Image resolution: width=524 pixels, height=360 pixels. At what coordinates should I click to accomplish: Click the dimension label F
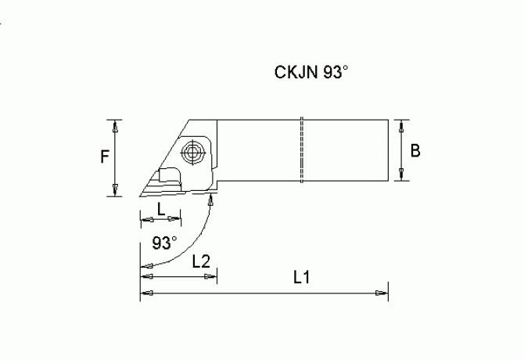[104, 157]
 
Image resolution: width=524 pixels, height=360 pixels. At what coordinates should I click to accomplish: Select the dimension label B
[415, 151]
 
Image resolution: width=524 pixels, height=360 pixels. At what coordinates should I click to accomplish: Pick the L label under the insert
[160, 209]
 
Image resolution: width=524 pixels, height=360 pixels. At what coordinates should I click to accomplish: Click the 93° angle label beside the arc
[164, 242]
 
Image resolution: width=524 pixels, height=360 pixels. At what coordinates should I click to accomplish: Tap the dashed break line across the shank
[300, 153]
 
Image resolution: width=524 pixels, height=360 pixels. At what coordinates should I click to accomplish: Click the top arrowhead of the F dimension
[116, 124]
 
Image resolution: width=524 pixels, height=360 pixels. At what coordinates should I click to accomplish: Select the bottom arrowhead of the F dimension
[116, 191]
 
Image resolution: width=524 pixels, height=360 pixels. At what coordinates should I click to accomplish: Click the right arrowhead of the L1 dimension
[382, 293]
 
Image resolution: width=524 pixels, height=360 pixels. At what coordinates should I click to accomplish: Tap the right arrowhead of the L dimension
[176, 219]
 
